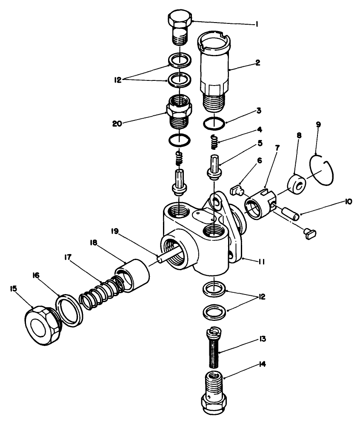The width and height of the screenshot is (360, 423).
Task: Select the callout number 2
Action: pos(257,63)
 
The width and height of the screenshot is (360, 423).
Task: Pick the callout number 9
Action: pos(318,124)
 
